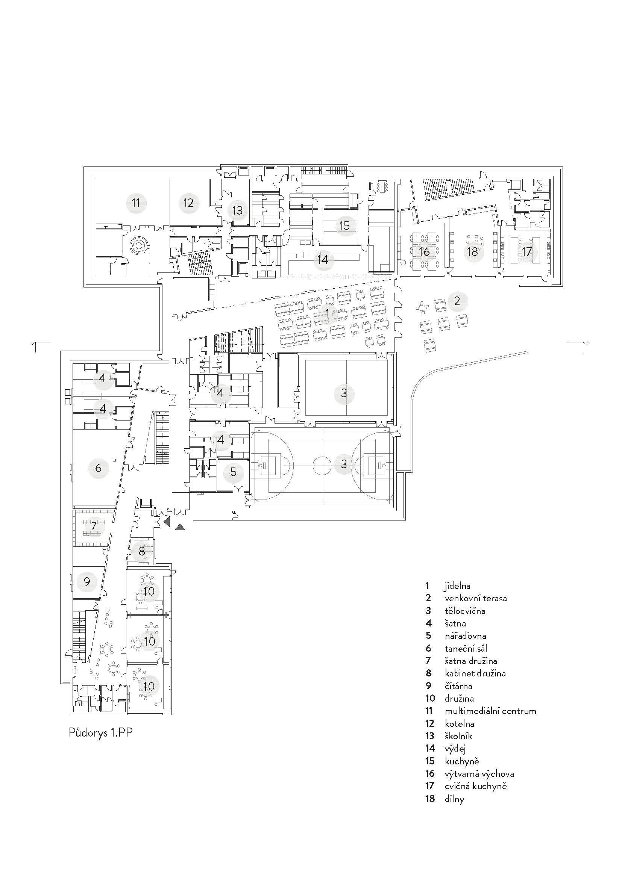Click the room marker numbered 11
click(137, 203)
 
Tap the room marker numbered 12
click(188, 203)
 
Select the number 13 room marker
click(237, 210)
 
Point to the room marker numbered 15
click(345, 225)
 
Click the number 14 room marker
click(323, 260)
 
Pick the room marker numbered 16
click(424, 251)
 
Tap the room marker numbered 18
click(473, 251)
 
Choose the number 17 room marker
click(527, 251)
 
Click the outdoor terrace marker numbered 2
click(457, 301)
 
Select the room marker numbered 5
click(234, 472)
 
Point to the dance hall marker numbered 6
click(99, 467)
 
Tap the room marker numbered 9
click(87, 581)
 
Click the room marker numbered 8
click(142, 551)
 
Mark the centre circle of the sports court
click(322, 465)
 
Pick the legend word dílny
click(455, 799)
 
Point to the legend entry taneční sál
click(466, 648)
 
